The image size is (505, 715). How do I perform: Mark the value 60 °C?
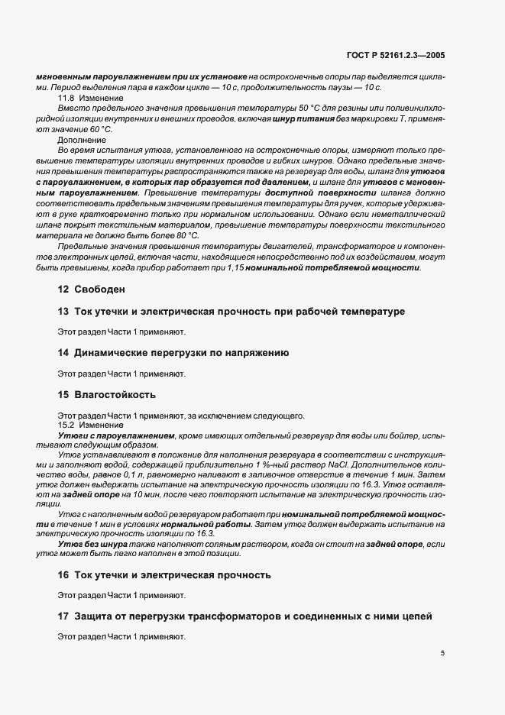coord(96,131)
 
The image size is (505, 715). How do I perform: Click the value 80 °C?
coord(185,235)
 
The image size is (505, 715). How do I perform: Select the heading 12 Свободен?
coord(92,290)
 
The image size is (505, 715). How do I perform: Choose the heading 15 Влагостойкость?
coord(107,394)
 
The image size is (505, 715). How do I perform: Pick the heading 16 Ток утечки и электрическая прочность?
coord(164,574)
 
